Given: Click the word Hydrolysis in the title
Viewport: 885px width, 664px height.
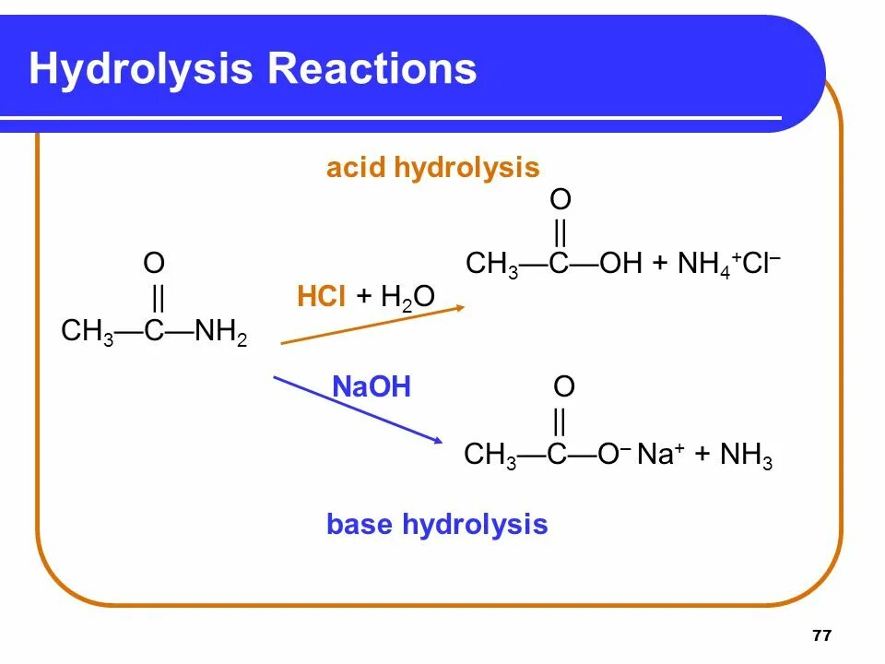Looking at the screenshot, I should pyautogui.click(x=140, y=70).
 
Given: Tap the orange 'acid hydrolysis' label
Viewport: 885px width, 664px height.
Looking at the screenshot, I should pyautogui.click(x=432, y=168).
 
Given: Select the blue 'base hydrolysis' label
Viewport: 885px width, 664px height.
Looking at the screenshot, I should pyautogui.click(x=437, y=525).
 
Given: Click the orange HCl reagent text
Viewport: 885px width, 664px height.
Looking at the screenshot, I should pyautogui.click(x=321, y=296).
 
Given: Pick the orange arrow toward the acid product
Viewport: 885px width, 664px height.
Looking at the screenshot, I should pyautogui.click(x=372, y=325).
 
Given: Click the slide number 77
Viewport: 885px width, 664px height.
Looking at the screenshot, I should pyautogui.click(x=822, y=636).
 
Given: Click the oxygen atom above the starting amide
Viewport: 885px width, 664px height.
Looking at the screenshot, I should pyautogui.click(x=154, y=265).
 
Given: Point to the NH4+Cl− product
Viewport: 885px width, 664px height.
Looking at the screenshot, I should pyautogui.click(x=728, y=264).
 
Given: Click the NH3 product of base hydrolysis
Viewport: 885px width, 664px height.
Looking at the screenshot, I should pyautogui.click(x=746, y=456).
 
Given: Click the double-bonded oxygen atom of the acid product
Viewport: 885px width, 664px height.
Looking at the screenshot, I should pyautogui.click(x=560, y=199).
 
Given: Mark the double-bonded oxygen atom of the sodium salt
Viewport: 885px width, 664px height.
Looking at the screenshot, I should pyautogui.click(x=564, y=386).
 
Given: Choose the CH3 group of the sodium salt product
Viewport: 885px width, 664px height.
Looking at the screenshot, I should pyautogui.click(x=490, y=456).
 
